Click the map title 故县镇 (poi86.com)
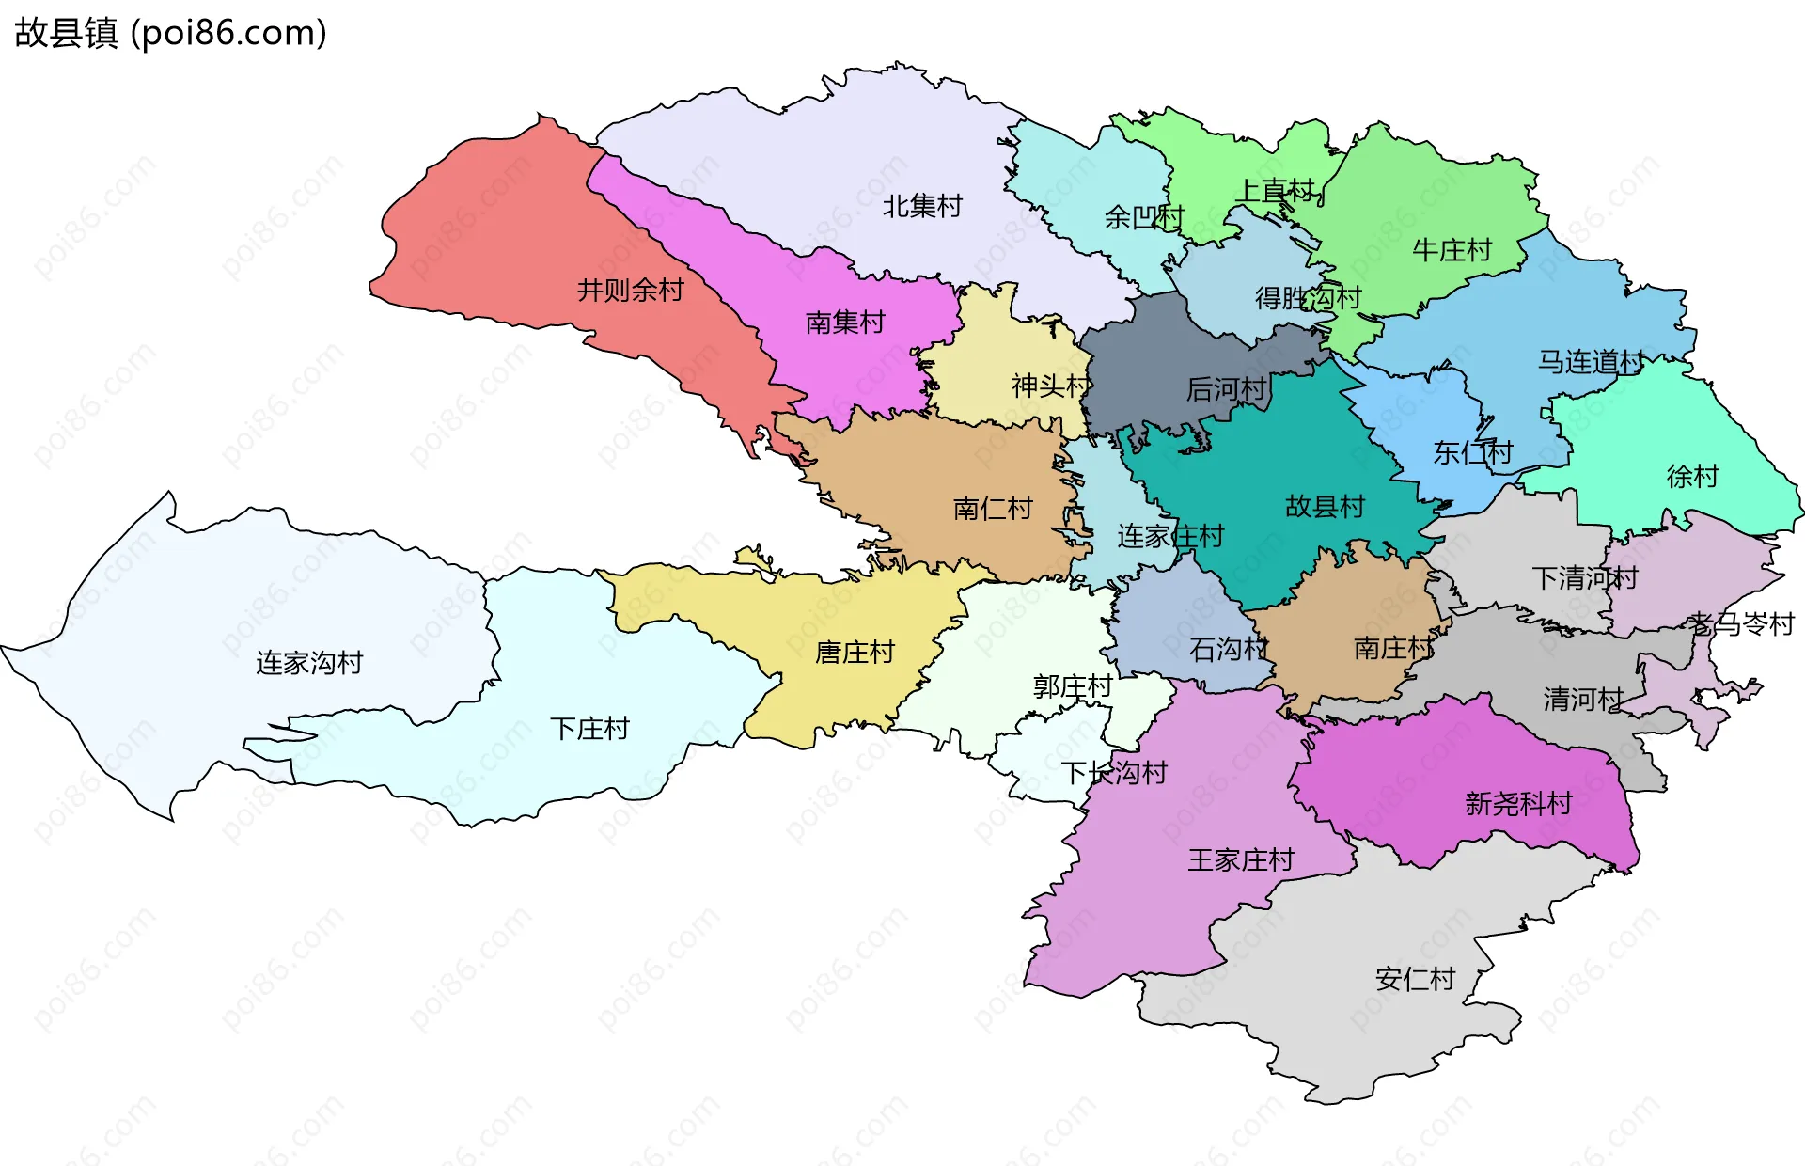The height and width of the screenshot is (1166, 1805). point(170,33)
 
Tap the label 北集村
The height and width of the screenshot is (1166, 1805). point(922,206)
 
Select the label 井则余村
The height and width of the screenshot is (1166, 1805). point(630,290)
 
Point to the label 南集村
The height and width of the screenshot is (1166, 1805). point(845,323)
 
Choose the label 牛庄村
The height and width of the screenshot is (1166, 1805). point(1452,250)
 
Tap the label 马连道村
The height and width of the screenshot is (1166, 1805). point(1591,362)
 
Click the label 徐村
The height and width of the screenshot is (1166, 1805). point(1692,477)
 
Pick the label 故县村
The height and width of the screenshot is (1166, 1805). point(1325,507)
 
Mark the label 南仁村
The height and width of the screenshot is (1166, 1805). point(993,509)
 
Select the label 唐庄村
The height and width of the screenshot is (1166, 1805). point(855,653)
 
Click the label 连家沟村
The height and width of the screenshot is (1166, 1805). point(309,663)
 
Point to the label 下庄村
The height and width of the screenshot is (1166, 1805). point(589,729)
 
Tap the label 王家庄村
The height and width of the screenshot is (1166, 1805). point(1241,860)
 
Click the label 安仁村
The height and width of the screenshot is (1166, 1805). point(1415,980)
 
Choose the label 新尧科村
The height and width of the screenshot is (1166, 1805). point(1518,804)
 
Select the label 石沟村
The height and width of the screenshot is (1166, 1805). point(1229,649)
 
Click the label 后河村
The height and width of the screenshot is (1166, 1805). point(1226,389)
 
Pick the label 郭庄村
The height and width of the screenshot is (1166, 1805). point(1072,686)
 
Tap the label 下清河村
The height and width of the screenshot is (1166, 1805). point(1584,578)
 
